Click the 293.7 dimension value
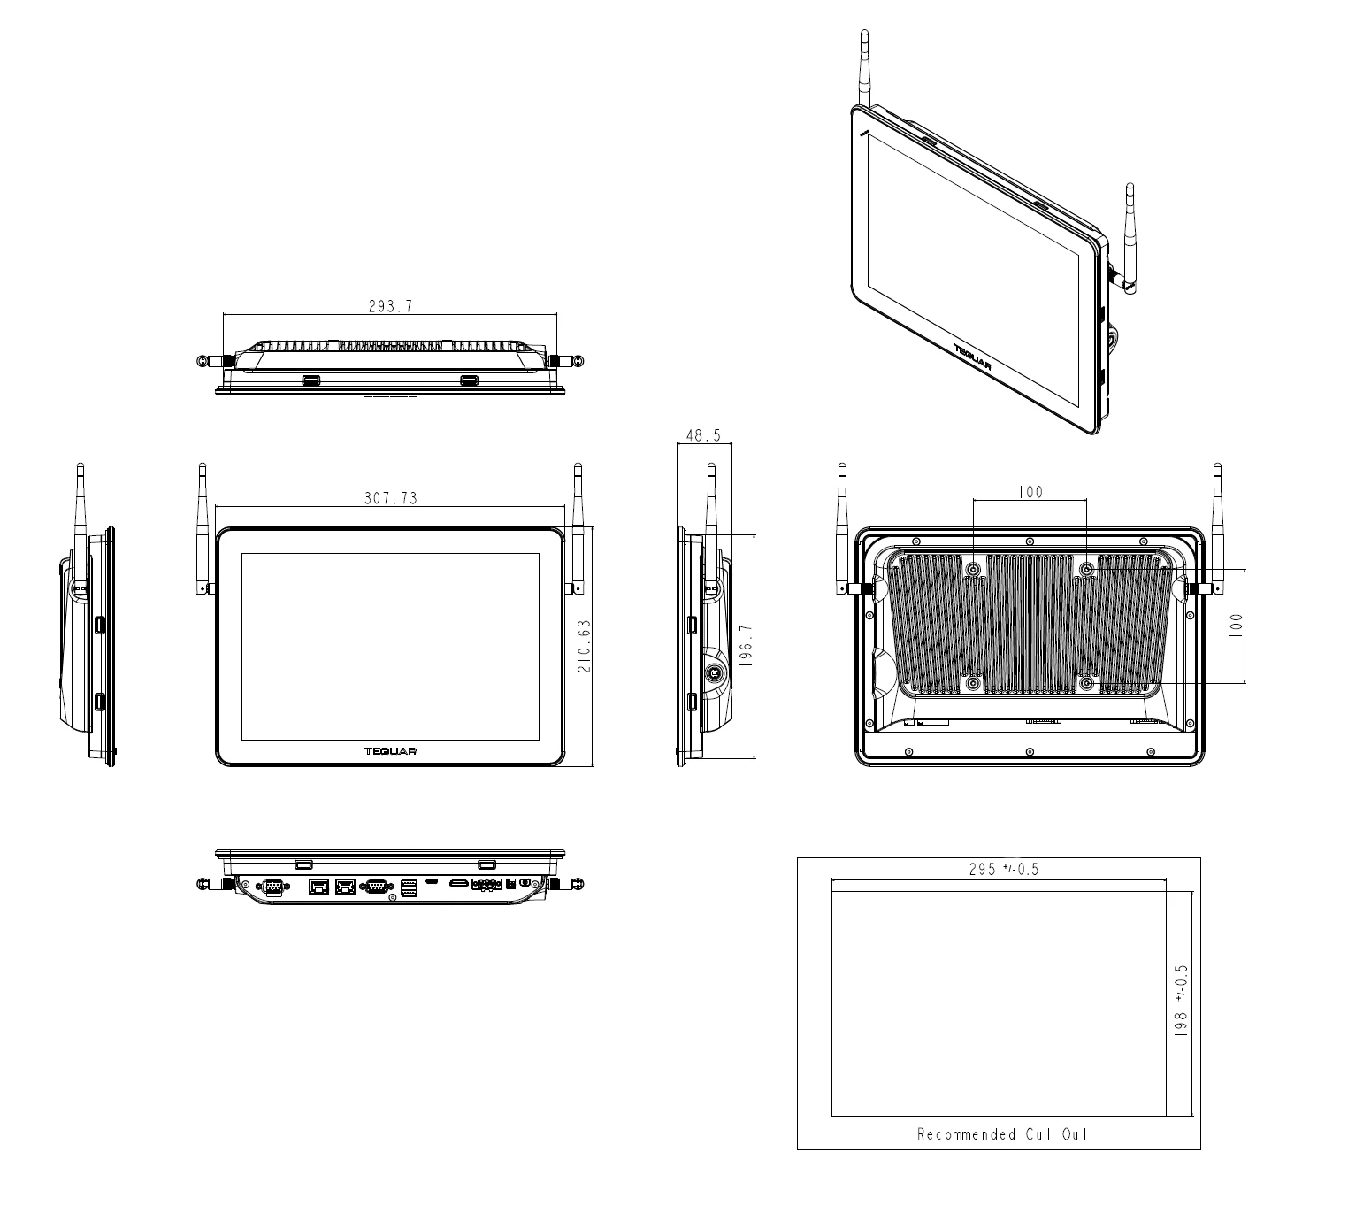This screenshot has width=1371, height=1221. click(x=390, y=307)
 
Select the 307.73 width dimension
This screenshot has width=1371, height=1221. click(x=390, y=498)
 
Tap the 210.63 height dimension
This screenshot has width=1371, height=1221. click(x=584, y=646)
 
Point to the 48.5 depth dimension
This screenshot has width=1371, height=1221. click(x=704, y=435)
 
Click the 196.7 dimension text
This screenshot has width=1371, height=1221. click(x=746, y=646)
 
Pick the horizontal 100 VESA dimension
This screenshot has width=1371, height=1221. click(x=1030, y=492)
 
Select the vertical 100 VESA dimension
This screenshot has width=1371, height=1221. click(x=1236, y=625)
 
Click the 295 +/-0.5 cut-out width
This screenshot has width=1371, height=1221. click(x=1004, y=869)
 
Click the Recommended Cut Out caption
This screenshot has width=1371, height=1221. click(x=1002, y=1134)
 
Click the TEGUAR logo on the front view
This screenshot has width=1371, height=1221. click(x=390, y=751)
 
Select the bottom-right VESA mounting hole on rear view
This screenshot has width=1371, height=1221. click(x=1087, y=684)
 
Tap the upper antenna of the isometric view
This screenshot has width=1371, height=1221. click(x=864, y=66)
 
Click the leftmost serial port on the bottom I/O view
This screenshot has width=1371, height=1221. click(x=272, y=887)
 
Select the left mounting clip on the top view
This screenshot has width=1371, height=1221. click(x=310, y=380)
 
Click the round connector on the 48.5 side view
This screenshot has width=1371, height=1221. click(x=715, y=672)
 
